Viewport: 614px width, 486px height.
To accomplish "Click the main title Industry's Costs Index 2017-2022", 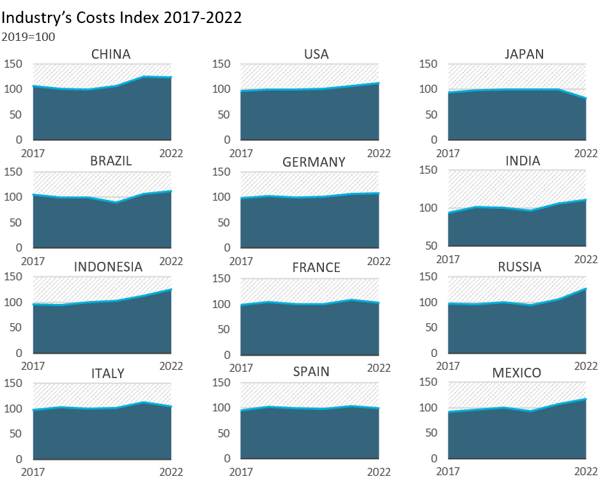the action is [x=121, y=18].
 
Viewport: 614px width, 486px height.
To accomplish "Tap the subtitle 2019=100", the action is [x=28, y=37].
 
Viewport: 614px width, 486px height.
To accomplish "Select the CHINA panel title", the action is [x=111, y=54].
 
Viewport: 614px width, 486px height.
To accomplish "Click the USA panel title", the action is [x=316, y=54].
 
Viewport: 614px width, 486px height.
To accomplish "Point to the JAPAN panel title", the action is [x=524, y=54].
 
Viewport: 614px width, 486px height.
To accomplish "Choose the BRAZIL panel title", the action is [x=111, y=161].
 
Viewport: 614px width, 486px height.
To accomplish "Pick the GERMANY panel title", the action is [x=314, y=162].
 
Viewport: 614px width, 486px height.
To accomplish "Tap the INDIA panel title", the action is [x=523, y=161].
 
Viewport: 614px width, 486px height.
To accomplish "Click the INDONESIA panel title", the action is [x=108, y=267].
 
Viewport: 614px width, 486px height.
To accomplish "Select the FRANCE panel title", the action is [x=316, y=268].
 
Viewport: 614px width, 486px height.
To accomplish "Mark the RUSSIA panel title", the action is [x=519, y=267].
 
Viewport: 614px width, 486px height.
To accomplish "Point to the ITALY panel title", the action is [x=108, y=374].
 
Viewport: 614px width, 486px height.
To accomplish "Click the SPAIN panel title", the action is [x=311, y=372].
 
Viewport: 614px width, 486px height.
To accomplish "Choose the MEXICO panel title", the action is [x=517, y=373].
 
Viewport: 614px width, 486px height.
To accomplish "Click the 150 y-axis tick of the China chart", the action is [x=13, y=64].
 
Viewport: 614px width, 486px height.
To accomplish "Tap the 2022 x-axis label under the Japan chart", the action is [x=586, y=153].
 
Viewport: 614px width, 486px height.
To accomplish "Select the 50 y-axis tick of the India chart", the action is [x=431, y=246].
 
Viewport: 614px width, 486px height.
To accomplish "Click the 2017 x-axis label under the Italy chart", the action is [x=33, y=472].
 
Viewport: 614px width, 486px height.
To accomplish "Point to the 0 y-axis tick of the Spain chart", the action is [x=227, y=458].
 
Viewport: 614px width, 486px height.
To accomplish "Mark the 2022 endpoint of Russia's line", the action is [x=586, y=289].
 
